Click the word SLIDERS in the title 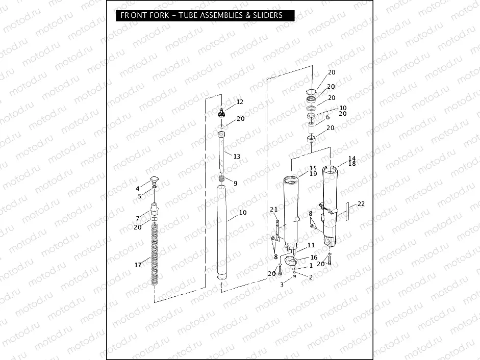pos(267,15)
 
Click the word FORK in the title pos(154,15)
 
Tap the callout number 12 pos(240,102)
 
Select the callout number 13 pos(237,157)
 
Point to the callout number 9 pos(235,183)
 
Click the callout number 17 pos(138,265)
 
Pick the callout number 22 pos(361,204)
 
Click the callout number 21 pos(273,210)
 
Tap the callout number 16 pos(314,258)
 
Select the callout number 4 pos(137,188)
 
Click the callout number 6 pos(327,117)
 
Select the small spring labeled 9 pos(221,179)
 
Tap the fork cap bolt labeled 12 pos(221,112)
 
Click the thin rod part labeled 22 pos(348,211)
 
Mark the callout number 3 pos(281,285)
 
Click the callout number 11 pos(311,246)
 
